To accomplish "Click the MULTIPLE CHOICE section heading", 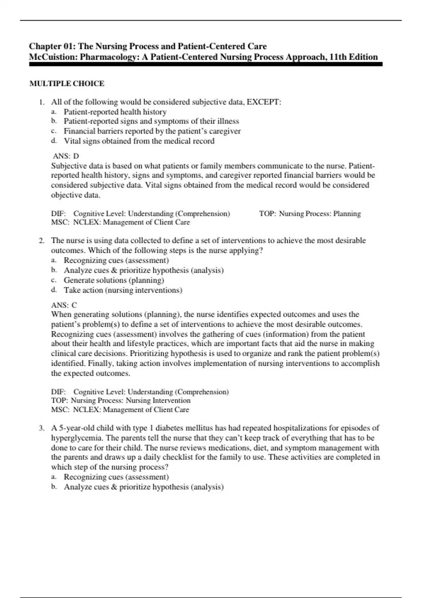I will [x=67, y=84].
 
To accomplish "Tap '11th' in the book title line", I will [x=337, y=57].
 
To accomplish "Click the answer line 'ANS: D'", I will [x=66, y=156].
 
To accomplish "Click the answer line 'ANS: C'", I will [x=64, y=305].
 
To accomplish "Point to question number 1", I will [x=42, y=102].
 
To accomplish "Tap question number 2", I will [x=42, y=241].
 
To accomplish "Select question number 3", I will [x=42, y=428].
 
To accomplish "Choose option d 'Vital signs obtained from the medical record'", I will [x=139, y=141].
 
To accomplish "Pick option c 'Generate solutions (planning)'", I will [x=114, y=280].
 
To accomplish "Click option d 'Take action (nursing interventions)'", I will [x=123, y=290].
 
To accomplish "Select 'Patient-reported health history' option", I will [x=115, y=112].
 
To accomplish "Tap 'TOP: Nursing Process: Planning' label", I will [x=310, y=214].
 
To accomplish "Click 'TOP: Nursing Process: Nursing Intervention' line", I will [x=121, y=400].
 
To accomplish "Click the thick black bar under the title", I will [x=206, y=64].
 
